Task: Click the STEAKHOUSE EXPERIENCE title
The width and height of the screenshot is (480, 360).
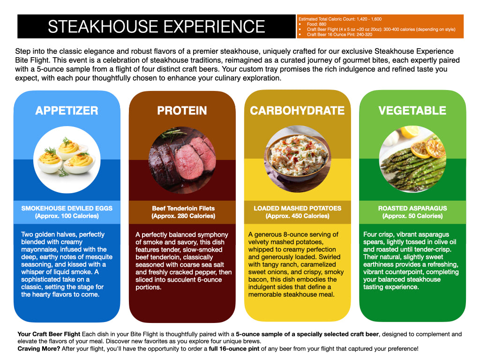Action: (x=157, y=27)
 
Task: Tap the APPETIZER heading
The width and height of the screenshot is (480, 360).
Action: (x=67, y=111)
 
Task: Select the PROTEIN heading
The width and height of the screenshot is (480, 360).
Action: (x=182, y=111)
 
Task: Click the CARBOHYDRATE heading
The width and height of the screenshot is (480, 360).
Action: (x=297, y=111)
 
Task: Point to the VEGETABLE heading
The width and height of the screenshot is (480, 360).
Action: (x=412, y=111)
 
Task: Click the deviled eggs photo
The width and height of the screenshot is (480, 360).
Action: (x=67, y=159)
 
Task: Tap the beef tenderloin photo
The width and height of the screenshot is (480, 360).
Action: (x=182, y=159)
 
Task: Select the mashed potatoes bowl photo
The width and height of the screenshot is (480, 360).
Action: (x=297, y=159)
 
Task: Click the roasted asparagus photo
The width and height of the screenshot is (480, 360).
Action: (x=412, y=159)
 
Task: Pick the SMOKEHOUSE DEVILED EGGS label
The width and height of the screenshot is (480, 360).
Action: (x=67, y=208)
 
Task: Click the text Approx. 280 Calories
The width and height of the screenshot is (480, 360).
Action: (x=183, y=216)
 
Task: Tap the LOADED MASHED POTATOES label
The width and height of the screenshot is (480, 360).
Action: (x=297, y=208)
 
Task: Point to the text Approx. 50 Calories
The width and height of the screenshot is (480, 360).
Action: (x=412, y=216)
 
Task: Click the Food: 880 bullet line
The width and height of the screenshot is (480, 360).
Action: (x=316, y=24)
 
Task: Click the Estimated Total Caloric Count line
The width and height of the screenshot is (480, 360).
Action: (x=340, y=19)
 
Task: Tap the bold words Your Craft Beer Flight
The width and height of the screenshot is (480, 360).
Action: (x=49, y=334)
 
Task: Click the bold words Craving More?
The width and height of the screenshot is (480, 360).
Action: (x=39, y=349)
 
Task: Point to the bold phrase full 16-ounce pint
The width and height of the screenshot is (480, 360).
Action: (x=234, y=349)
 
